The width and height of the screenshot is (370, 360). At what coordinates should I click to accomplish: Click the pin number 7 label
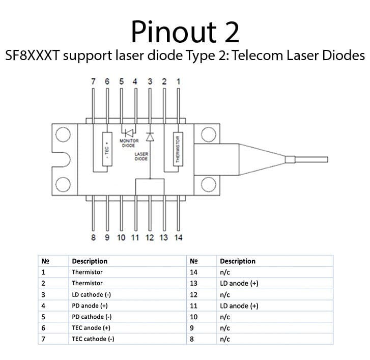93,81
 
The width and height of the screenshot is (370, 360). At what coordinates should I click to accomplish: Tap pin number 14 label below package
179,237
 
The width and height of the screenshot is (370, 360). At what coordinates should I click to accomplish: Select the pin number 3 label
150,81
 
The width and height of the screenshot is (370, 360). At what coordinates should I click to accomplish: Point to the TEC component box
107,149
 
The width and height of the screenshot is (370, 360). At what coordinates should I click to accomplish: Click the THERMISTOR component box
178,149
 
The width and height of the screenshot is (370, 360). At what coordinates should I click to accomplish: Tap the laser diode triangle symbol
150,137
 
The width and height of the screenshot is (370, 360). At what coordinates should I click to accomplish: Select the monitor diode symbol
129,133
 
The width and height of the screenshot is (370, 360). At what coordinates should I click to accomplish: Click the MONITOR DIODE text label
129,143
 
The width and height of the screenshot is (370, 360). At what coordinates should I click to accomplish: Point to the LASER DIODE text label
141,156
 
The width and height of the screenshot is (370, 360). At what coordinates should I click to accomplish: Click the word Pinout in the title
174,32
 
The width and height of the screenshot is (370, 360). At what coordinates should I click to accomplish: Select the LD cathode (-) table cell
91,295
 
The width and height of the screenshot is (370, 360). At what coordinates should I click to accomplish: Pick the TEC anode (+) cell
91,327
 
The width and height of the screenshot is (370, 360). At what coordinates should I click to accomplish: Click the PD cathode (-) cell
92,317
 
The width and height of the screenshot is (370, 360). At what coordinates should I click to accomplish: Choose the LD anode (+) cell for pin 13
239,283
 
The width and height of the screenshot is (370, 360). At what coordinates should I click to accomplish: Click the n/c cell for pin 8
225,339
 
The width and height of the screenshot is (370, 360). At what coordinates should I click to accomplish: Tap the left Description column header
90,261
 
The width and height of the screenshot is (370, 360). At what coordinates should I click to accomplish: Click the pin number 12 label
150,237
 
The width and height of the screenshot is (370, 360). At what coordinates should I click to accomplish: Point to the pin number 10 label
121,237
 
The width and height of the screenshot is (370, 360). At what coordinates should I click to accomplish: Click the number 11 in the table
193,306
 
